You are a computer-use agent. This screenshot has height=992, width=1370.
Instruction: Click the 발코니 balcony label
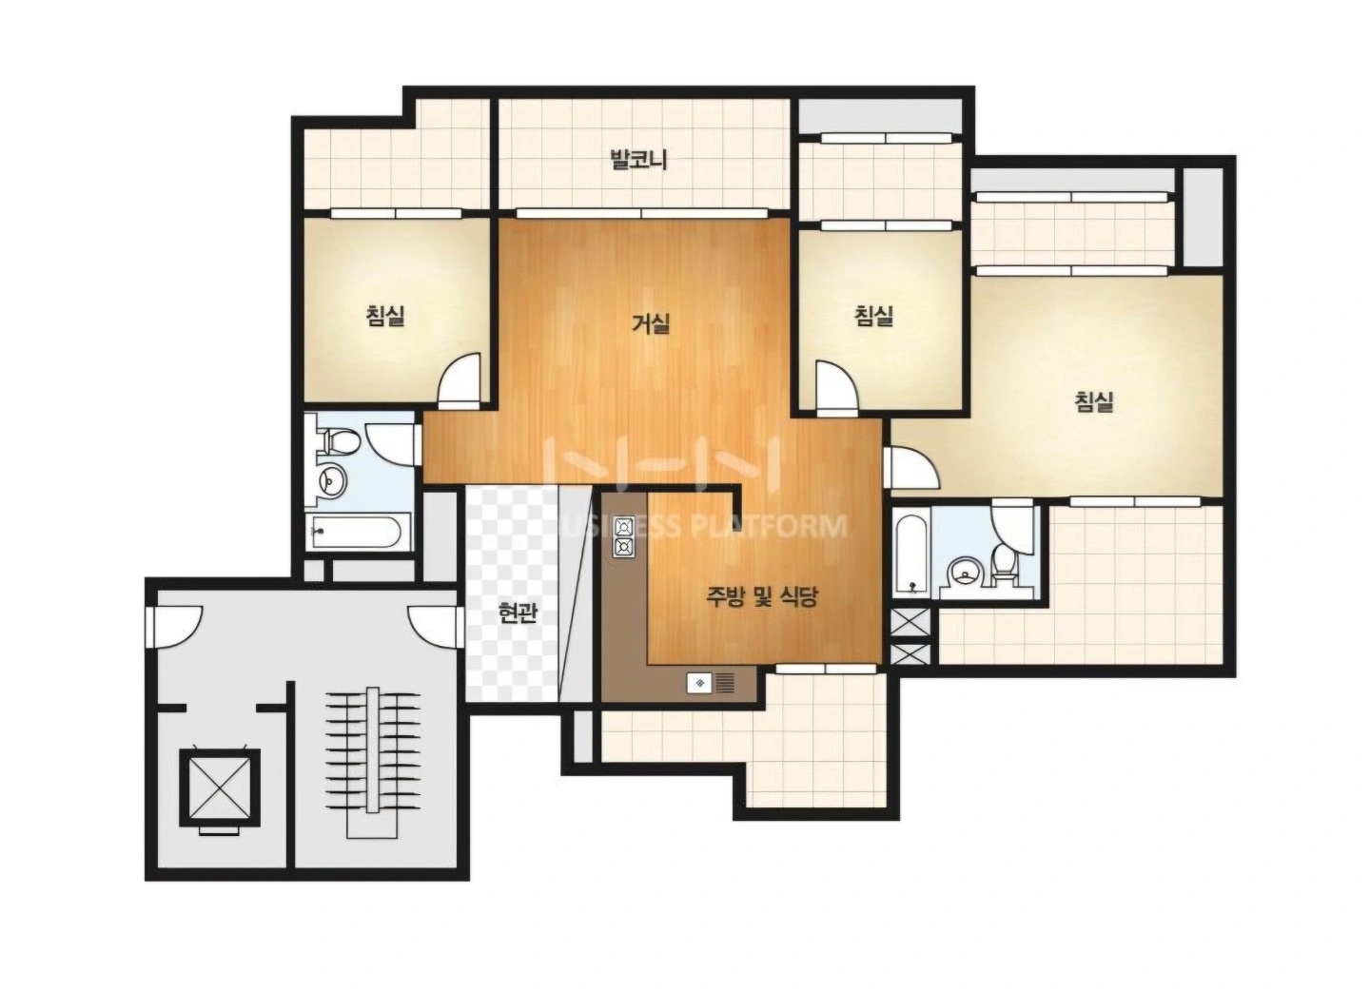[x=638, y=160]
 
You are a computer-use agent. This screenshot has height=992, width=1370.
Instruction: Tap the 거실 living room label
[x=651, y=323]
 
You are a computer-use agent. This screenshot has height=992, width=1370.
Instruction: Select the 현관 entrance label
[x=518, y=613]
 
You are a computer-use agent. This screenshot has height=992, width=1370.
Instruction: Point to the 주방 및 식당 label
[x=761, y=596]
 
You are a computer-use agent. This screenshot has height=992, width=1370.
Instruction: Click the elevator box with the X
[x=219, y=788]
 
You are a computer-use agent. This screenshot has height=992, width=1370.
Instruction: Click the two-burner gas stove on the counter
[x=625, y=536]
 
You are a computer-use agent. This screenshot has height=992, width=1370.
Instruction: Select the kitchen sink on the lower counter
[x=711, y=683]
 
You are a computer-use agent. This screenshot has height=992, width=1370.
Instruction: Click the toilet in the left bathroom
[x=340, y=441]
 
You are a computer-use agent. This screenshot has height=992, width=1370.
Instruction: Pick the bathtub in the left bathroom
[x=356, y=532]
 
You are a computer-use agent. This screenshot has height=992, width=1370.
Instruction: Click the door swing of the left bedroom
[x=460, y=381]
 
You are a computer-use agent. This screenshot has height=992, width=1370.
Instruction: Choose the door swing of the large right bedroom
[x=911, y=468]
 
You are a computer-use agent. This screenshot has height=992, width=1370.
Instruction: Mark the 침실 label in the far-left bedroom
[x=385, y=316]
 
